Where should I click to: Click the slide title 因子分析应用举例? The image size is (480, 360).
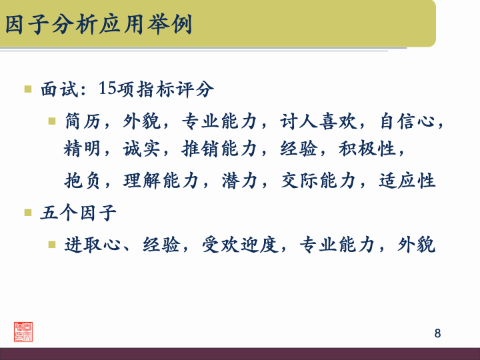click(99, 25)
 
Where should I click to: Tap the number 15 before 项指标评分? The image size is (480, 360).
click(107, 87)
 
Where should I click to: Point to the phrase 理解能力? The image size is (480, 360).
click(161, 181)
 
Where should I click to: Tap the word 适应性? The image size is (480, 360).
click(407, 181)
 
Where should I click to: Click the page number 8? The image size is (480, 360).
click(437, 333)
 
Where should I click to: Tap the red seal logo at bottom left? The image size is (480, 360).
click(23, 331)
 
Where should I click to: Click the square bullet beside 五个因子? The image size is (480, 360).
click(28, 213)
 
